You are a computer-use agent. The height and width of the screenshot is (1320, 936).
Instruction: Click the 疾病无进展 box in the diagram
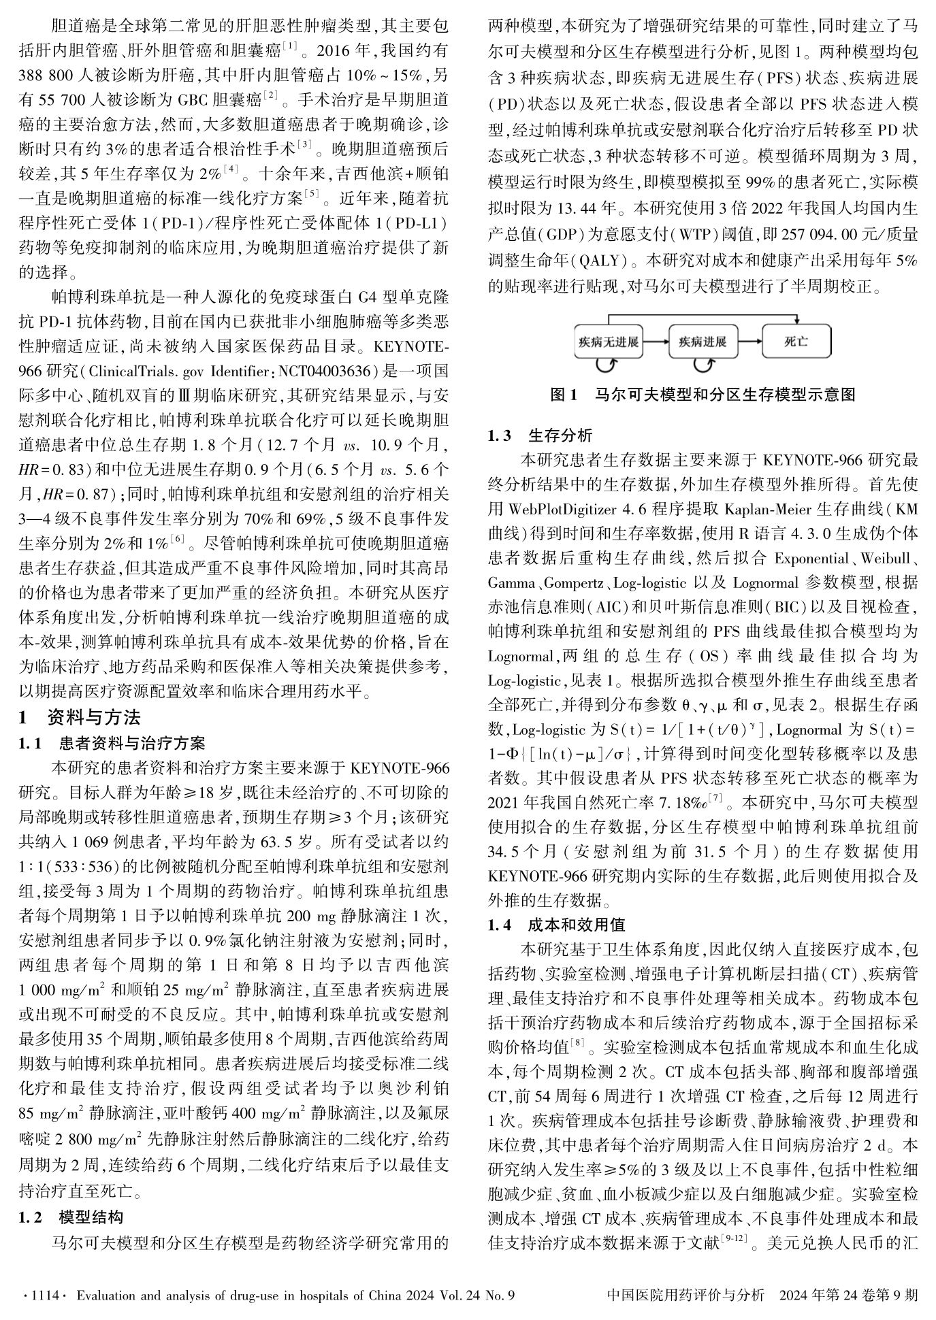coord(608,342)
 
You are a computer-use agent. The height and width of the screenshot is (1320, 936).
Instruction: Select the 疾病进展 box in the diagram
coord(703,342)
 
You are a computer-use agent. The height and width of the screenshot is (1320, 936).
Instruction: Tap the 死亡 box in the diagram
coord(796,342)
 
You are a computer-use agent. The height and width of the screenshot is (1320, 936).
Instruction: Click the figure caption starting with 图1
coord(703,395)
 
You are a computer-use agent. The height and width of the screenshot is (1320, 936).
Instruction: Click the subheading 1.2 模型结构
coord(71,1217)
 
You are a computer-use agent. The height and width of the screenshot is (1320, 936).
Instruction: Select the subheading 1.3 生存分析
coord(540,435)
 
